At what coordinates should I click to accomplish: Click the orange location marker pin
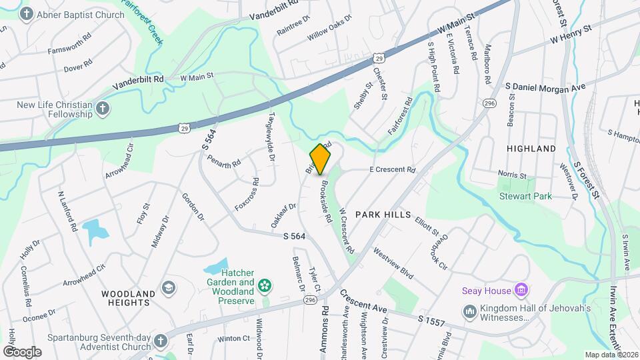tap(321, 159)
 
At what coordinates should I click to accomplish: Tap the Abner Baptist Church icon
tap(27, 14)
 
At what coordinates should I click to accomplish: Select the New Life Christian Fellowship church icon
tap(103, 109)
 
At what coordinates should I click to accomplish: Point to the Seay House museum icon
tap(522, 290)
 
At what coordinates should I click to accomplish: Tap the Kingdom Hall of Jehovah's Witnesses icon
tap(469, 311)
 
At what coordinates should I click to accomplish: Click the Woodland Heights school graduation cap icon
tap(169, 287)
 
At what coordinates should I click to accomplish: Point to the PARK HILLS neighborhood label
tap(381, 215)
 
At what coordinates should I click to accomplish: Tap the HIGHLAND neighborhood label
tap(531, 148)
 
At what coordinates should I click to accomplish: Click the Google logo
tap(22, 351)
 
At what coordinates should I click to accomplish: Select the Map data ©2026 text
tap(611, 355)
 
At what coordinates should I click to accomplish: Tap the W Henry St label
tap(571, 35)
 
